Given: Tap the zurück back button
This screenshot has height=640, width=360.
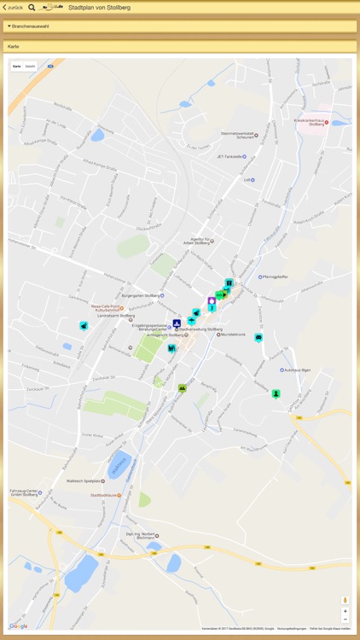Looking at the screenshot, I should tap(13, 7).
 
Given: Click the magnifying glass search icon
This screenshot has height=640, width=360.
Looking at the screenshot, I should tap(32, 7).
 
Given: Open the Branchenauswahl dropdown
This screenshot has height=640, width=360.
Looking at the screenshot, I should tap(29, 26).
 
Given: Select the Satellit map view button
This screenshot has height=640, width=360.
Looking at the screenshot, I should tap(30, 66).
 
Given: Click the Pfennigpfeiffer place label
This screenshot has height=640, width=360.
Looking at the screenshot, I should tap(279, 276).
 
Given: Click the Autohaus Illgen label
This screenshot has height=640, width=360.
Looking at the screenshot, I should tap(295, 370).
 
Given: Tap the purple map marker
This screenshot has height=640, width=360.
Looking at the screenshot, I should tap(212, 301).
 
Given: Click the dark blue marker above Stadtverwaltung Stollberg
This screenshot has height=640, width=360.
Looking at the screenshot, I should tap(177, 323).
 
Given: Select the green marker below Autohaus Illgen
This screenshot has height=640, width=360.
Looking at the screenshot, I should tap(276, 393).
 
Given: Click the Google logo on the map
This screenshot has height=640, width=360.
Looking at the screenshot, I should tap(18, 626).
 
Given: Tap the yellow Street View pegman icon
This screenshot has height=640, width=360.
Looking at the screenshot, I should tap(345, 600).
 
